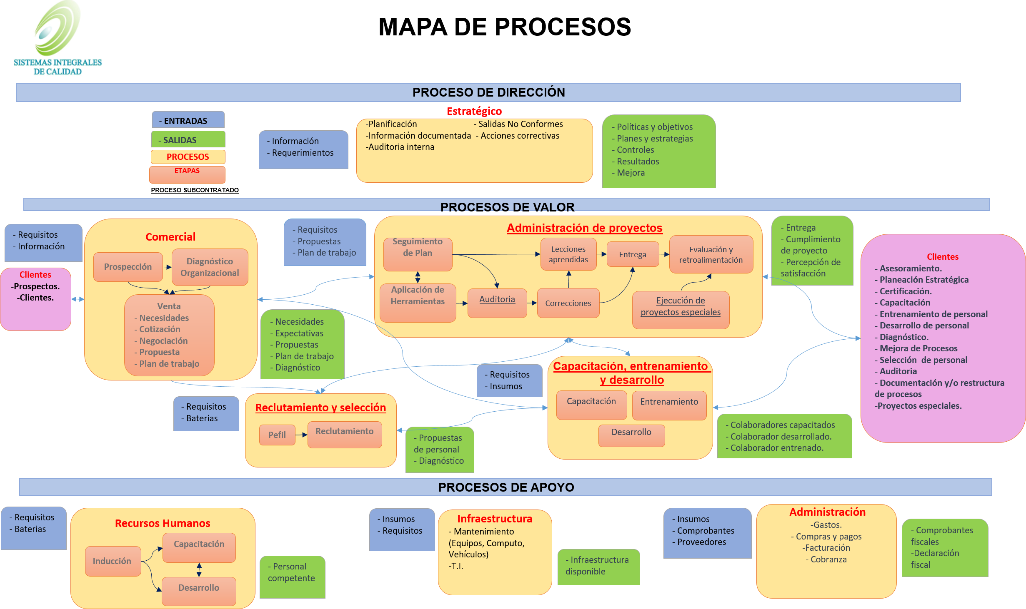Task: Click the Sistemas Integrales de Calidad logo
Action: click(58, 41)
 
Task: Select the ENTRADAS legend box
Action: click(188, 120)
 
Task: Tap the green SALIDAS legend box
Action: click(188, 139)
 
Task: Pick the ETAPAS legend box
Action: click(187, 174)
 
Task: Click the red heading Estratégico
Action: click(474, 111)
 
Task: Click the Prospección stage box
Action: click(128, 267)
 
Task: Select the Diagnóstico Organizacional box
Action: click(210, 267)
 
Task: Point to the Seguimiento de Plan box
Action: click(418, 254)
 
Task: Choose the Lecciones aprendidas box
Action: click(568, 254)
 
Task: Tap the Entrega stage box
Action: click(633, 254)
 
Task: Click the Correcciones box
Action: click(568, 303)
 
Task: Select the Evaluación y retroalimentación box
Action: click(711, 254)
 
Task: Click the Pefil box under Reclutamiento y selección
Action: click(277, 435)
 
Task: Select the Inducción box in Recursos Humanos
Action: click(113, 561)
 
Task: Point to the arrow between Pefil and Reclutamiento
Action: click(301, 435)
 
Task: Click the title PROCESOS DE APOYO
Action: click(506, 487)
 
